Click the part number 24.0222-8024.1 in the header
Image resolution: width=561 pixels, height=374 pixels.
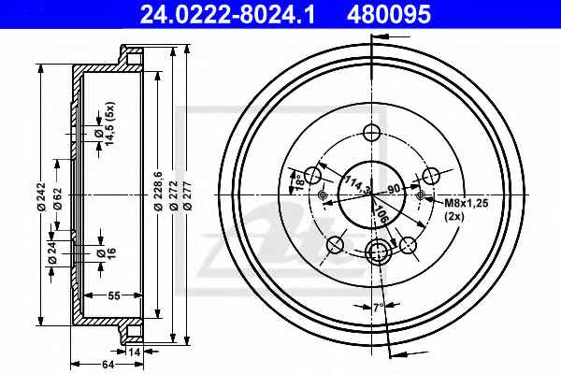point(227,15)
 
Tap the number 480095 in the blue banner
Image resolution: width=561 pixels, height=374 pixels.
point(389,15)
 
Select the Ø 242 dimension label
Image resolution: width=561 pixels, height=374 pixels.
point(41,196)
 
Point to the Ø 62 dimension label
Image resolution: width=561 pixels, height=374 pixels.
point(57,199)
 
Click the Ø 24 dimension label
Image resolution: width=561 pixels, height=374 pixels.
point(52,252)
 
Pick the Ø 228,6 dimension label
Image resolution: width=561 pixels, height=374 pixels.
point(158,191)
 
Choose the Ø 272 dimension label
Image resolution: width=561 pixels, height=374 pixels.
point(174,195)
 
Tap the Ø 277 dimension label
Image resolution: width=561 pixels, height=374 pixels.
point(187,195)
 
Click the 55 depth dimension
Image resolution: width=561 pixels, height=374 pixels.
point(114,295)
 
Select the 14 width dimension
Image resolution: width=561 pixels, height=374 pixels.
point(134,352)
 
